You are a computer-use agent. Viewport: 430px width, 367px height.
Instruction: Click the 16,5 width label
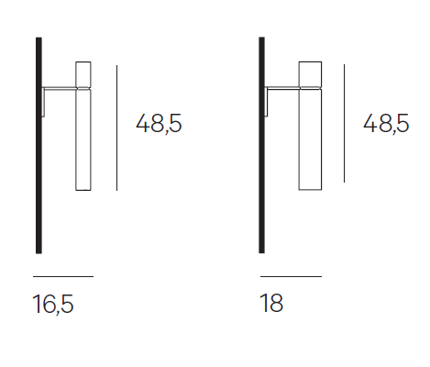point(53,304)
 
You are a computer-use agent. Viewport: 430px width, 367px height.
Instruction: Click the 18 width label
point(271,303)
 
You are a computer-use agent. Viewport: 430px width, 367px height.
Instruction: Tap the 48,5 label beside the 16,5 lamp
point(159,123)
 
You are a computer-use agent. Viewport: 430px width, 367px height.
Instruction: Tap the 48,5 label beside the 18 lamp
point(386,123)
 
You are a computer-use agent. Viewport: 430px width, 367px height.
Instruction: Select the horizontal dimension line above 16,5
point(63,276)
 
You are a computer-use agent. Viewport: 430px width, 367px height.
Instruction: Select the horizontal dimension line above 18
point(291,276)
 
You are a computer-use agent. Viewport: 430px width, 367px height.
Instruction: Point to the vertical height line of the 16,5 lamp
point(116,128)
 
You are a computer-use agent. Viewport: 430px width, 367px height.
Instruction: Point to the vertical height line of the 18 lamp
point(344,123)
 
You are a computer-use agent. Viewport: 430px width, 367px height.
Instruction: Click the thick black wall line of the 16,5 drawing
point(39,146)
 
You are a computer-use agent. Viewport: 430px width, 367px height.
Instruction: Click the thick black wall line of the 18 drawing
point(262,145)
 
